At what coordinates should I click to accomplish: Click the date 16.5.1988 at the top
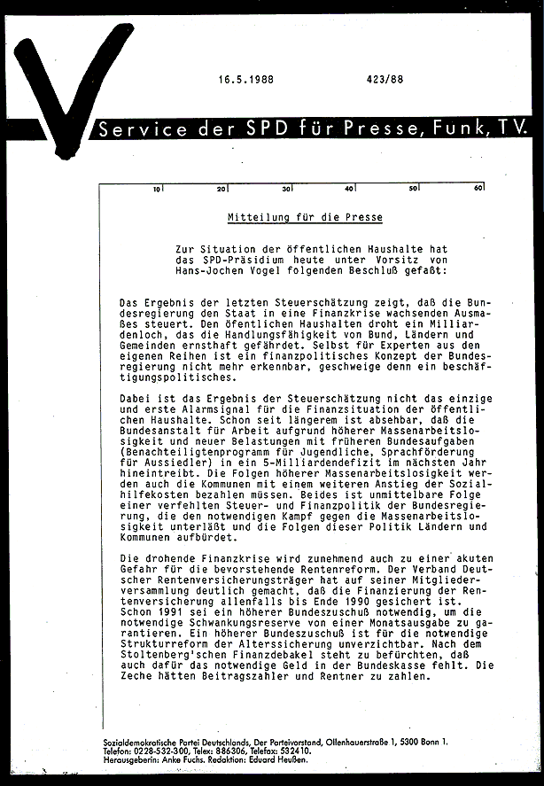click(246, 79)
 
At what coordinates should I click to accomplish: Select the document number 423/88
click(383, 79)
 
